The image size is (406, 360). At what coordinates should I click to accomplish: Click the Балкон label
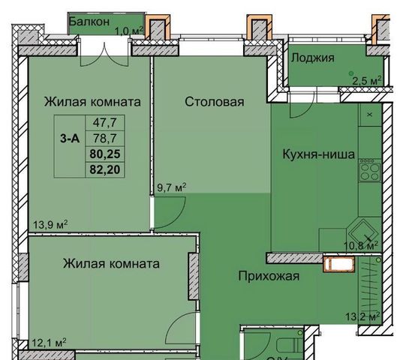(x=89, y=22)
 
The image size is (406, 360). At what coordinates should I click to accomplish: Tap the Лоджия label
(x=312, y=58)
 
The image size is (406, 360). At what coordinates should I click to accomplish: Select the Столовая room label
(x=215, y=102)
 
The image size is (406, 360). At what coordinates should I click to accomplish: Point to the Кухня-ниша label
(x=318, y=154)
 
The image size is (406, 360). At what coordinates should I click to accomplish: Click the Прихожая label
(x=269, y=276)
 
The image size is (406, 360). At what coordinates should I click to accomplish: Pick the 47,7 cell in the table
(x=105, y=122)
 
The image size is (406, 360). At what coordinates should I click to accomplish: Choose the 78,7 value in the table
(x=105, y=139)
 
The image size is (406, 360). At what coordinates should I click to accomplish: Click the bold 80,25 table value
(x=105, y=154)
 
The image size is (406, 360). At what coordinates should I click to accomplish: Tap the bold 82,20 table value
(x=105, y=169)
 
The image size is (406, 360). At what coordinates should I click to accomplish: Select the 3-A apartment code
(x=70, y=139)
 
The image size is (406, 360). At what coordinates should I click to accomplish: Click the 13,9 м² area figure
(x=50, y=225)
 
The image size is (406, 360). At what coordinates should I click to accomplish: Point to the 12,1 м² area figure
(x=49, y=343)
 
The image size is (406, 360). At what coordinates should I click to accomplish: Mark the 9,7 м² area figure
(x=172, y=187)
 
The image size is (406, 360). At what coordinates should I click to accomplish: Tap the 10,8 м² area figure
(x=361, y=245)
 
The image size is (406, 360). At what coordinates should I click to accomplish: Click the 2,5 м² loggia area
(x=367, y=81)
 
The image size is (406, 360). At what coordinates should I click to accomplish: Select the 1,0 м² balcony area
(x=129, y=31)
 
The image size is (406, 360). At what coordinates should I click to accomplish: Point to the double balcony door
(x=104, y=53)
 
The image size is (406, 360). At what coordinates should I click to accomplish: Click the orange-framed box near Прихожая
(x=339, y=264)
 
